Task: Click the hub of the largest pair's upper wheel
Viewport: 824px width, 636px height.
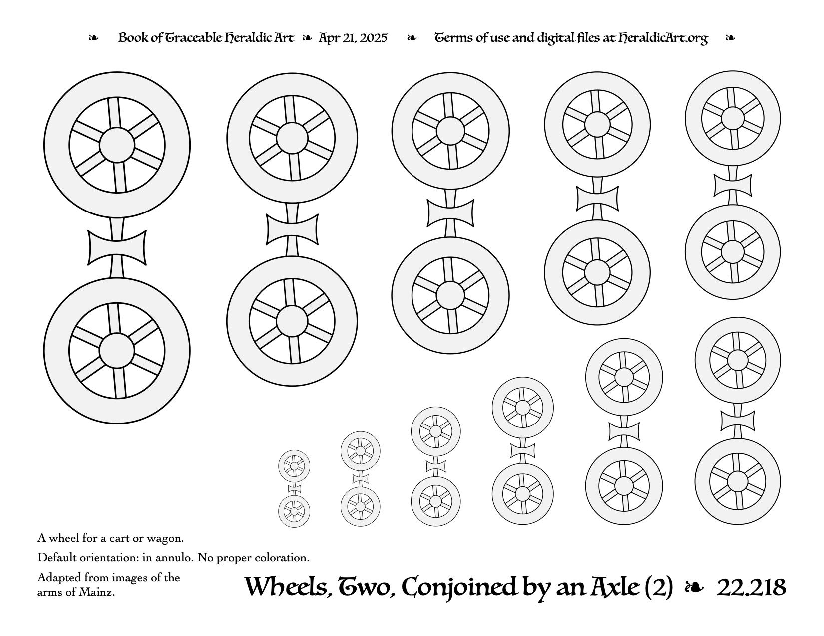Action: click(117, 145)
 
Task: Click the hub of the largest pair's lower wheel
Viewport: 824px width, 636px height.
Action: click(117, 351)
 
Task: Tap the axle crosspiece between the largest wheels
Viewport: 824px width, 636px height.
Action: click(117, 248)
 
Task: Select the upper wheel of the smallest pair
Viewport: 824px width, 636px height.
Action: click(294, 466)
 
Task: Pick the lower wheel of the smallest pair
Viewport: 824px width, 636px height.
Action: click(294, 511)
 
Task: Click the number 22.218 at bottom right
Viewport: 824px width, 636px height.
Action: click(751, 588)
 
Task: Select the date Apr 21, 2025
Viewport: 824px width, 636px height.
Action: click(353, 38)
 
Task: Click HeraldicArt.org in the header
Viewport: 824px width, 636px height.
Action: click(663, 38)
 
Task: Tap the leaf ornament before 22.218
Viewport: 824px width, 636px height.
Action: click(694, 588)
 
